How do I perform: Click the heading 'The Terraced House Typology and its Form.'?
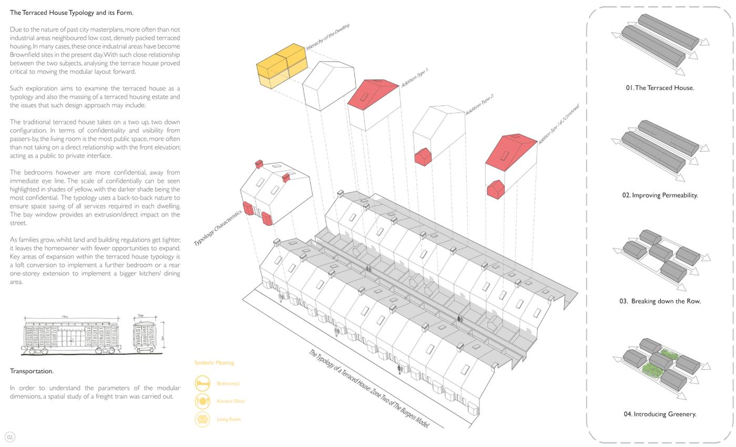pos(71,13)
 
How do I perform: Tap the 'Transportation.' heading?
pos(32,371)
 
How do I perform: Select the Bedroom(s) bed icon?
pos(202,383)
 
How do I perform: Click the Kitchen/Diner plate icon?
pos(202,401)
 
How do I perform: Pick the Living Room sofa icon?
pos(202,419)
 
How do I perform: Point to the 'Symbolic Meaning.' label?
pos(214,363)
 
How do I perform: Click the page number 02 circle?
pos(10,437)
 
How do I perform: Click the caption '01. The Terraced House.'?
pos(660,88)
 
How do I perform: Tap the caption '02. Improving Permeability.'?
pos(660,195)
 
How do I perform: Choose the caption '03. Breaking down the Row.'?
pos(660,302)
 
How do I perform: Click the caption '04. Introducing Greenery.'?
pos(660,414)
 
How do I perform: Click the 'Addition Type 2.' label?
pos(479,105)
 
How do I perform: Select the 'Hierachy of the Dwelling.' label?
pos(328,37)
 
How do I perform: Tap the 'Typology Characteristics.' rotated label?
pos(218,228)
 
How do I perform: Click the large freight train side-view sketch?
pos(71,337)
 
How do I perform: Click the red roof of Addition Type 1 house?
pos(373,91)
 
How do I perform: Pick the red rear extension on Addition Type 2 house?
pos(423,157)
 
